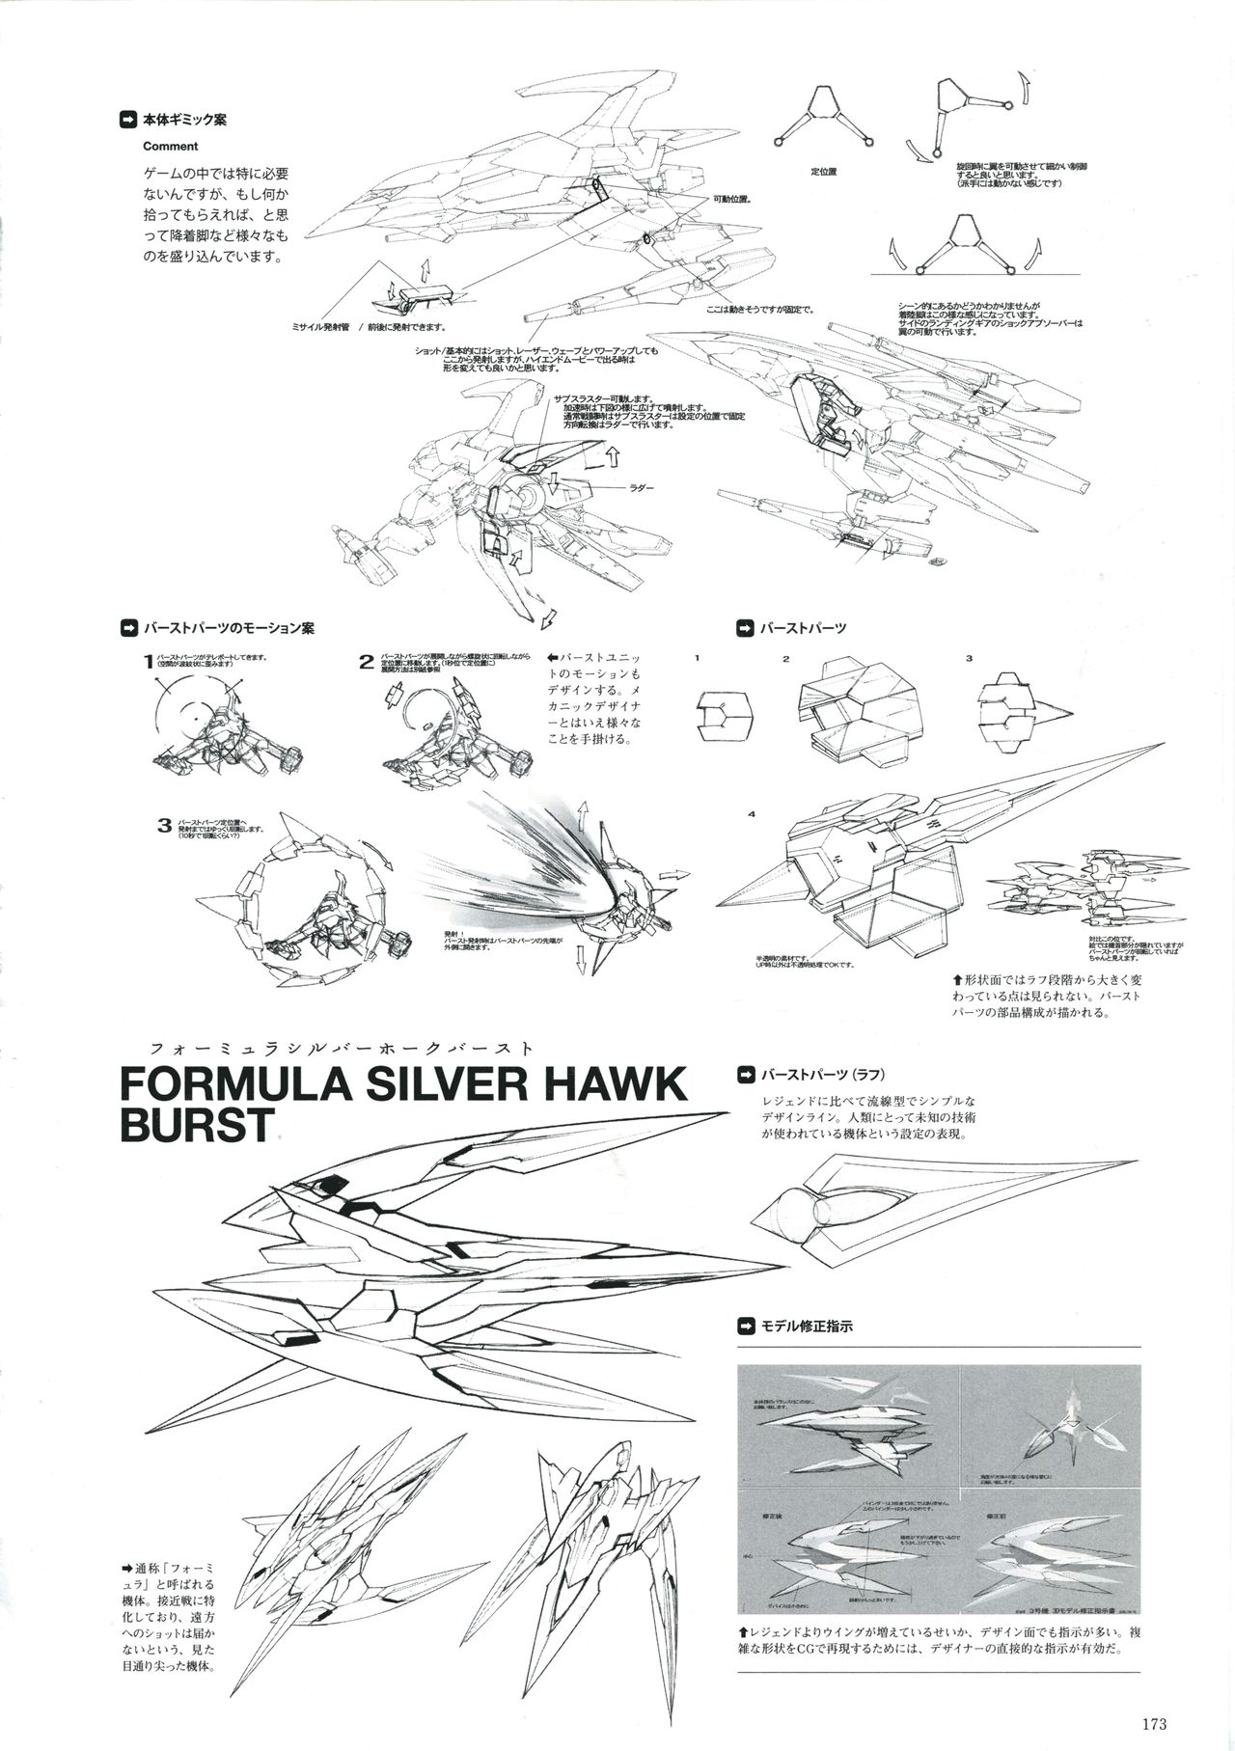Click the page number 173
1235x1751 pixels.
point(1155,1725)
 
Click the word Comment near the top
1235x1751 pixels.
point(170,147)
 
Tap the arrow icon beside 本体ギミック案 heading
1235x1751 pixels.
point(126,121)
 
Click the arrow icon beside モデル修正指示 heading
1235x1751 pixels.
point(744,1326)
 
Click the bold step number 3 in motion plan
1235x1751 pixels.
point(165,826)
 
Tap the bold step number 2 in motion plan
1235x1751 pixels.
point(366,662)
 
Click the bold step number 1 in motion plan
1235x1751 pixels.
point(148,662)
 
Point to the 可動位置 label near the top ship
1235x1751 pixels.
point(731,200)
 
